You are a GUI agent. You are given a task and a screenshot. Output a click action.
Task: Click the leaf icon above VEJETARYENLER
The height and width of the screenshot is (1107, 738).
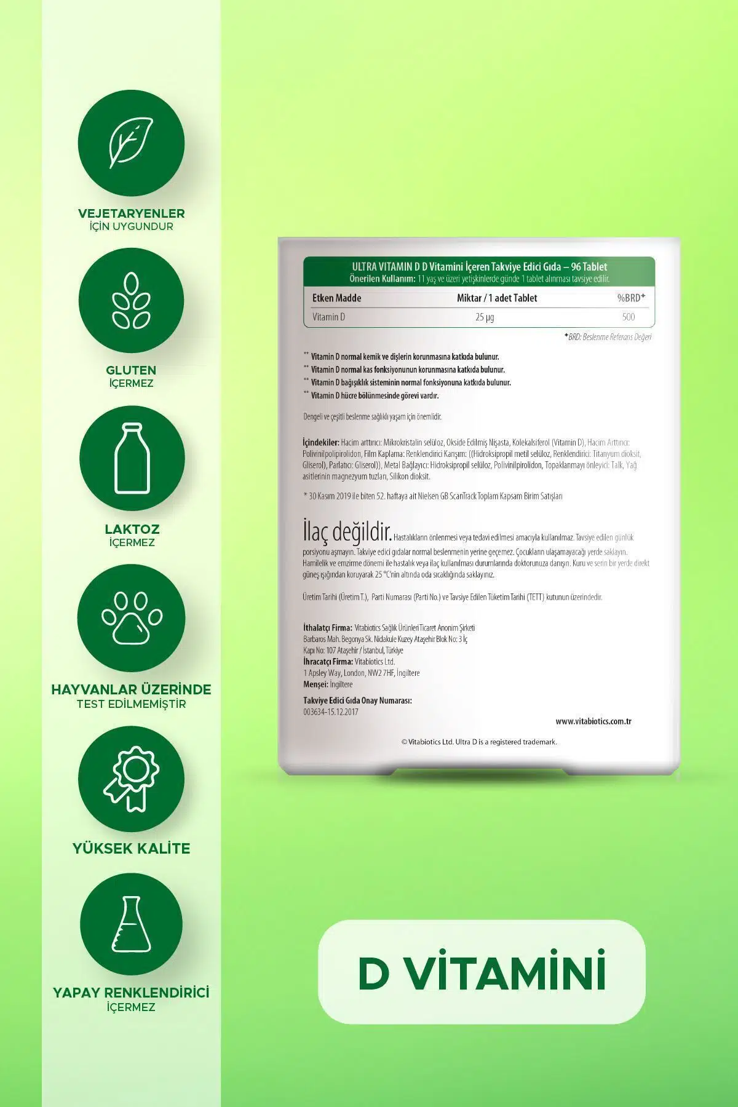coord(131,143)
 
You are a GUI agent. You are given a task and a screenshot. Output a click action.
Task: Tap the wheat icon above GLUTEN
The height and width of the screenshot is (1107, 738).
coord(131,300)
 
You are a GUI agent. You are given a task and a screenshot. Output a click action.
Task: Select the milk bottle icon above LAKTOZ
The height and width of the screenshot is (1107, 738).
coord(132,458)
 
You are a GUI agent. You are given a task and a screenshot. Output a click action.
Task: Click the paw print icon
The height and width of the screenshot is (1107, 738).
coord(132,617)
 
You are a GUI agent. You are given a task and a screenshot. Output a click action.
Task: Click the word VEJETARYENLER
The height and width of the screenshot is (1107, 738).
coord(131,213)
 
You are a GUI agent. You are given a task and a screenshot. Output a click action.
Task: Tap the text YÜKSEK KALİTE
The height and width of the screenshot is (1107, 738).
coord(131,848)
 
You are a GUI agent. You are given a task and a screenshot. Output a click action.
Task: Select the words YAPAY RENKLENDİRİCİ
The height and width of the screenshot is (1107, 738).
coord(131,993)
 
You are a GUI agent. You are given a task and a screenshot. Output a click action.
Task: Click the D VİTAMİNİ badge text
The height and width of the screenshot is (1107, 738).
coord(482,972)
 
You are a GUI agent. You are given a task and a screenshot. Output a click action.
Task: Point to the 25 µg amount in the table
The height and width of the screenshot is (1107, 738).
coord(485,317)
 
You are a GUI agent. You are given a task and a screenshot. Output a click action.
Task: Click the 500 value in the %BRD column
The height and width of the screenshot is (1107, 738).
coord(628,317)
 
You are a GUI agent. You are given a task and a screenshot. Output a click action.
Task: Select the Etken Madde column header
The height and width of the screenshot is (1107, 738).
coord(336,298)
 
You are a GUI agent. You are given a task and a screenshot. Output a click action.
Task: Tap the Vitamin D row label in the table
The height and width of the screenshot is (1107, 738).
coord(329,317)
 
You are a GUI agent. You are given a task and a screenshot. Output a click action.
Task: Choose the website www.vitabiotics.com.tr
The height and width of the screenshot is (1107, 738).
coord(593,721)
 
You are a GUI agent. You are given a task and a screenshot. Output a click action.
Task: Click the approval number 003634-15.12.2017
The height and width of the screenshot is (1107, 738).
coord(331,712)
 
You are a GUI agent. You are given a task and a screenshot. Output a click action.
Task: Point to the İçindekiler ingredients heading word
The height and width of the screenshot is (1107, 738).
coord(321,442)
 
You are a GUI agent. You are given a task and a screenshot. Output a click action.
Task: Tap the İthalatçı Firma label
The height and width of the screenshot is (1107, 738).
coord(328,628)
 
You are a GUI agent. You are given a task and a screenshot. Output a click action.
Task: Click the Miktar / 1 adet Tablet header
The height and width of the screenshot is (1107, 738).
coord(497,298)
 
